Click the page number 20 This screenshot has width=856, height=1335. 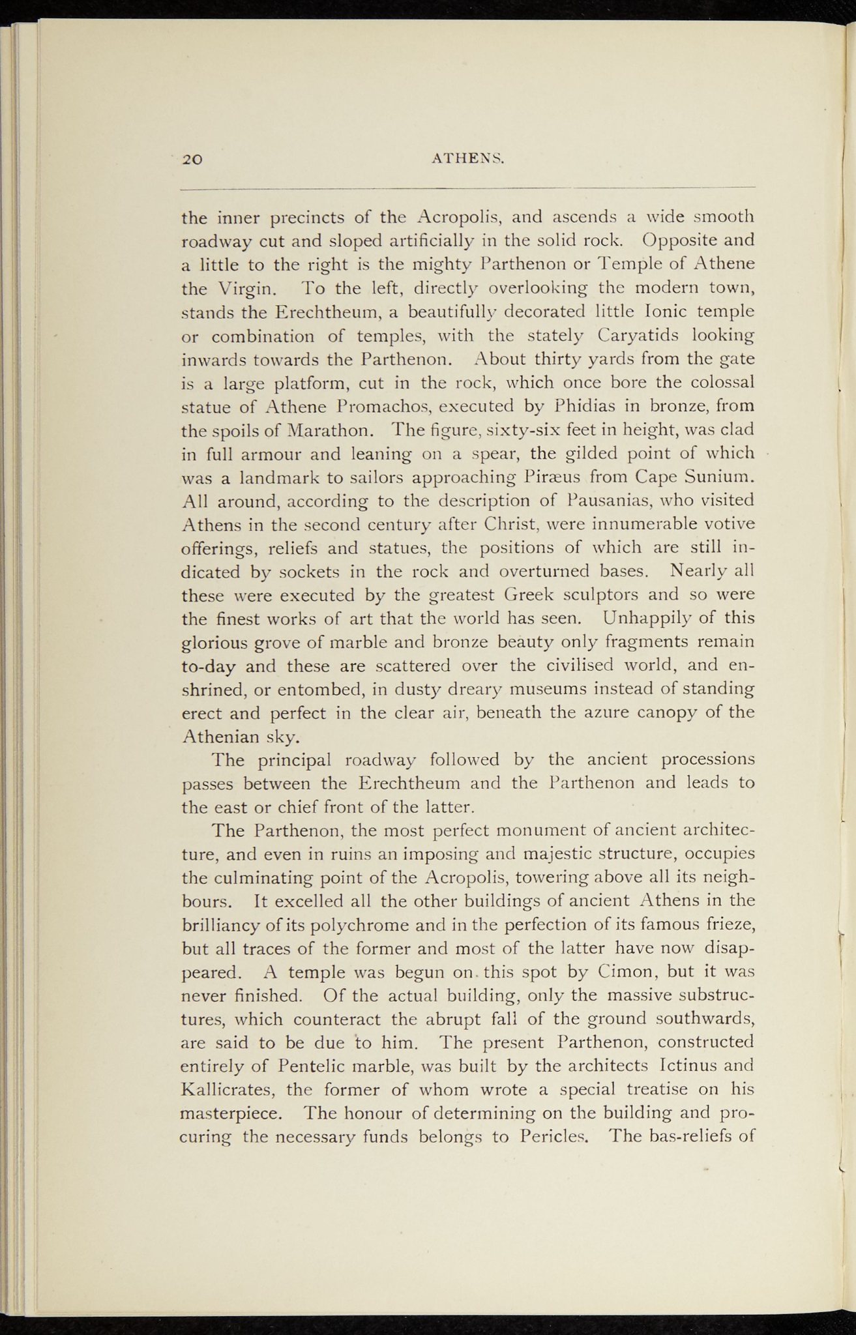(x=194, y=158)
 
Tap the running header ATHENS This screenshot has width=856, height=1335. (x=469, y=158)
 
